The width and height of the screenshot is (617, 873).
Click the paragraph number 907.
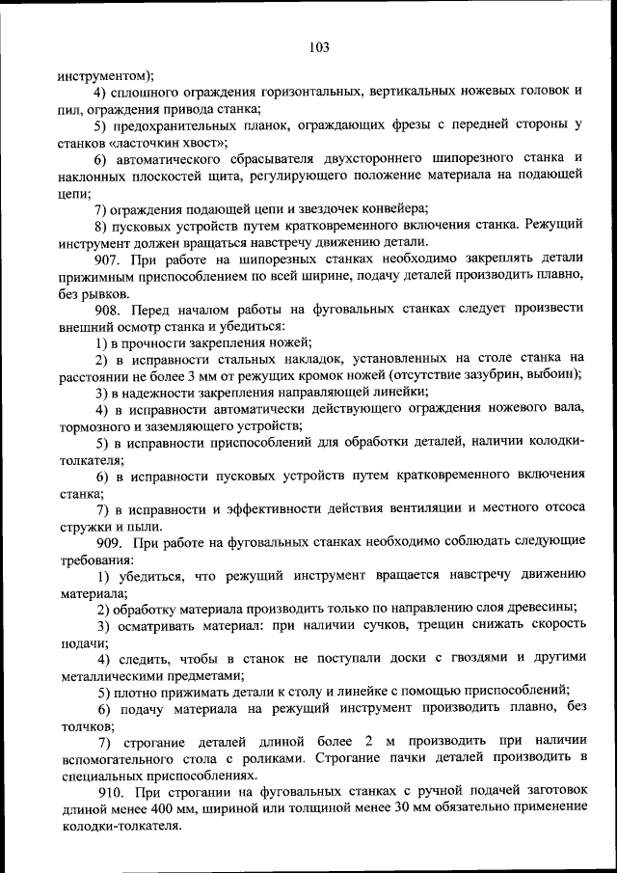[x=110, y=259]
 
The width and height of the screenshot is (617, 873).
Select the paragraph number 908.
[x=110, y=308]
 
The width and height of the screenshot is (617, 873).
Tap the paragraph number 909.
[x=110, y=543]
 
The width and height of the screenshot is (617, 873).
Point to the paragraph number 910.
[x=110, y=793]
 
